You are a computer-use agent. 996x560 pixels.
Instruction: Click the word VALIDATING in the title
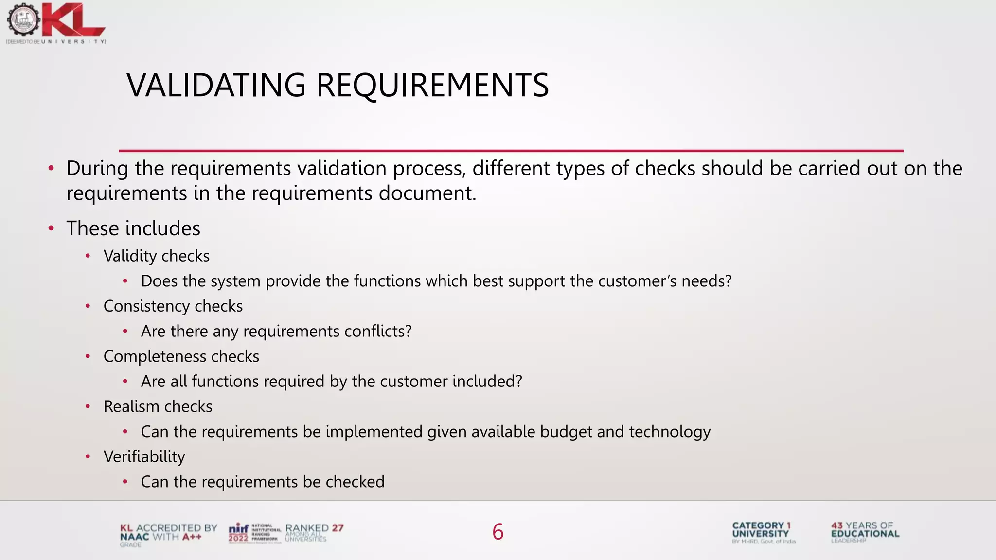point(216,85)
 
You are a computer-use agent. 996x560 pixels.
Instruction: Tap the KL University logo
point(56,23)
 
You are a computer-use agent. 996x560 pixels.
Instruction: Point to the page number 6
point(498,532)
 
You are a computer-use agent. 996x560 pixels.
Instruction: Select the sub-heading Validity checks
point(156,256)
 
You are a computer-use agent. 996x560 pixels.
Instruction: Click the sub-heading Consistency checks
point(173,306)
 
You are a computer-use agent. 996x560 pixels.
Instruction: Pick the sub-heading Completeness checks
point(181,356)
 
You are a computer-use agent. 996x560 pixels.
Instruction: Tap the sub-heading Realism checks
point(158,406)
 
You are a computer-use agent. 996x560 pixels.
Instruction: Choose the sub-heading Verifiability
point(144,457)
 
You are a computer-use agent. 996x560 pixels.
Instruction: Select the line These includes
point(133,228)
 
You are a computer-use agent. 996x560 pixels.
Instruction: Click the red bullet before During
point(51,169)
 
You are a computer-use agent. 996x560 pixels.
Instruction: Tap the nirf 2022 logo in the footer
point(239,533)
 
